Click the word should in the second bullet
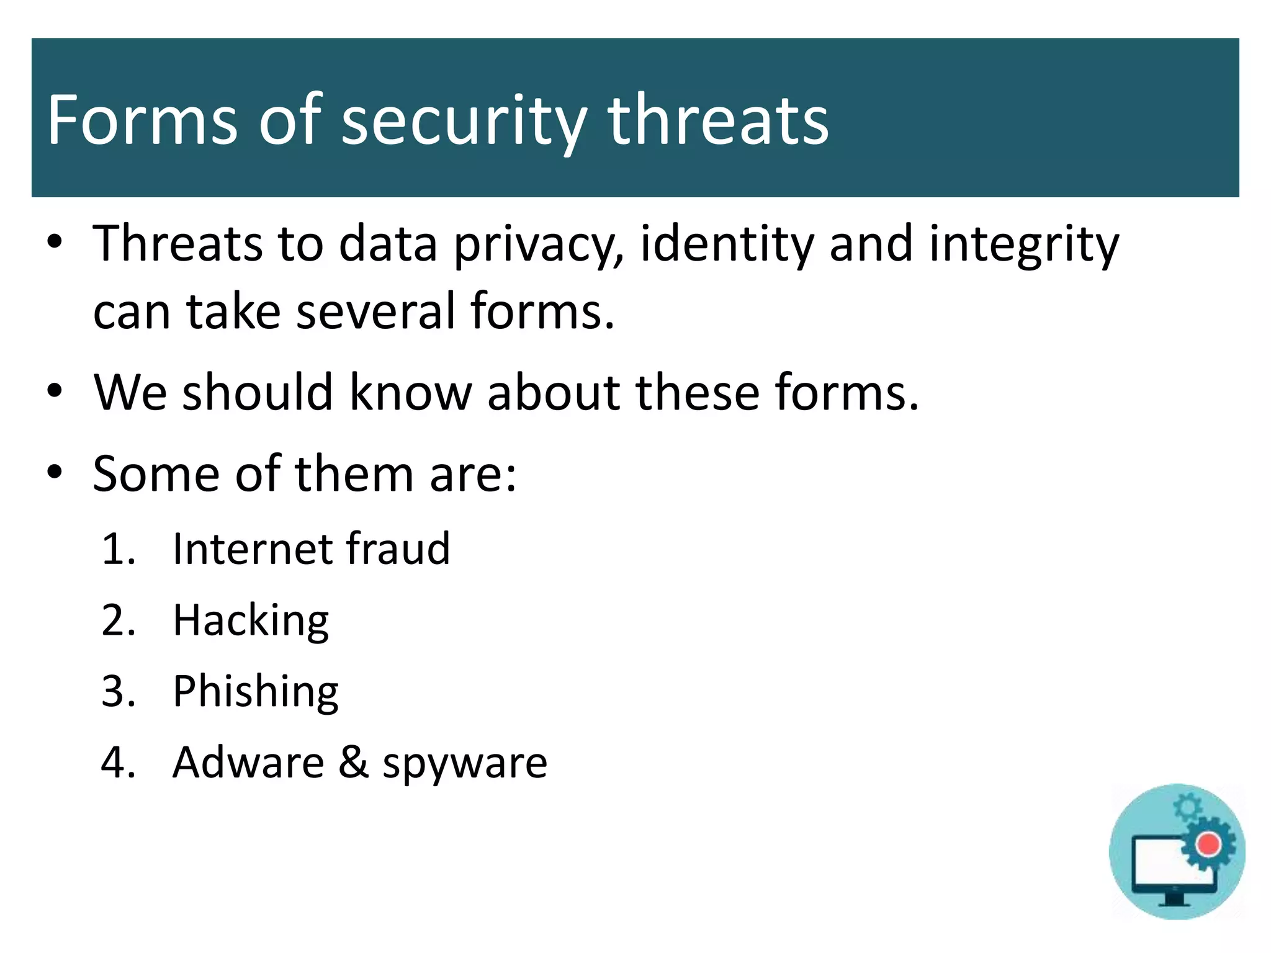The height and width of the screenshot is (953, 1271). [258, 393]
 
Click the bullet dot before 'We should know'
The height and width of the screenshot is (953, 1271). [55, 391]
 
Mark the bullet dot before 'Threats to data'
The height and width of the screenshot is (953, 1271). [55, 242]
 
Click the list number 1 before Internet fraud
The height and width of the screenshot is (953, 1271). [116, 550]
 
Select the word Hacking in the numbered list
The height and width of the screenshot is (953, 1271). [251, 621]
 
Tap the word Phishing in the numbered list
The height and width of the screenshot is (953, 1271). [255, 692]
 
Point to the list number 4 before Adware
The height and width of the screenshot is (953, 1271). [117, 763]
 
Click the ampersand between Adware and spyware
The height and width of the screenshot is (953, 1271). [354, 763]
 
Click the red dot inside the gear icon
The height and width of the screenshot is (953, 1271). [1208, 844]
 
